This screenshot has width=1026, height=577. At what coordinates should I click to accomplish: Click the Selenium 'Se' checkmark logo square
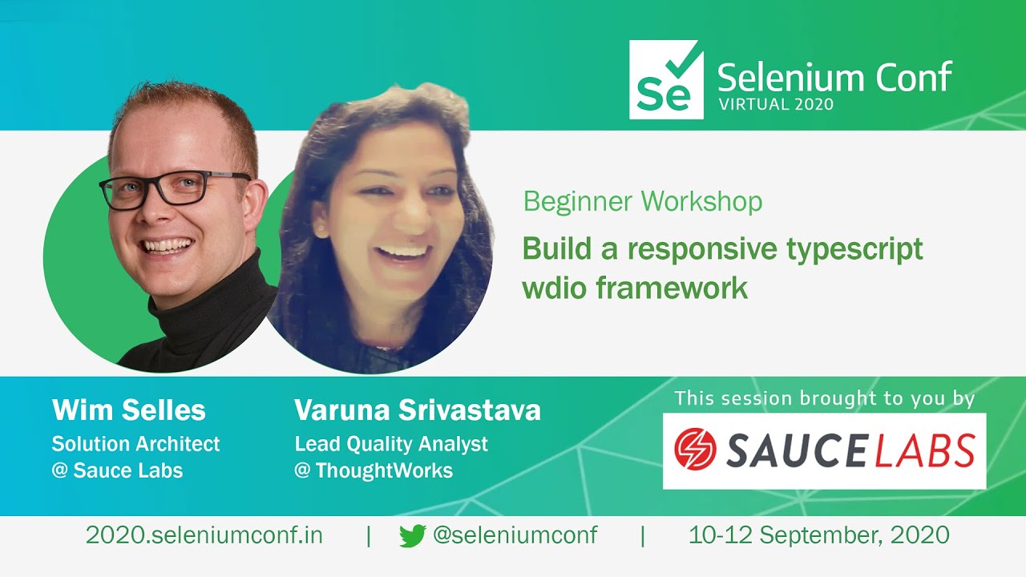pos(666,80)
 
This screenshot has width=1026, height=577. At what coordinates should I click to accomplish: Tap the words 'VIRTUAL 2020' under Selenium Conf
pos(775,104)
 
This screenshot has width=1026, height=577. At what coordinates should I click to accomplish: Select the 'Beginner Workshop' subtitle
pos(642,201)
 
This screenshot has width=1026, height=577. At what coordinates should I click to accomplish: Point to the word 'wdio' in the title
pos(554,287)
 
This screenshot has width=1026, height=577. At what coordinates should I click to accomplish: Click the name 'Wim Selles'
pos(129,410)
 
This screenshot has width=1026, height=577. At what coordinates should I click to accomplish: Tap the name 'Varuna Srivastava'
pos(418,410)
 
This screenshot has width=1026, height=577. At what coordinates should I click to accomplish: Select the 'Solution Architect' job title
pos(135,443)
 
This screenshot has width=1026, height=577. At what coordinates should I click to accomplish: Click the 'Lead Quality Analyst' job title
pos(391,443)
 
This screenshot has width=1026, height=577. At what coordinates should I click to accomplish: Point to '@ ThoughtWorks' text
pos(374,470)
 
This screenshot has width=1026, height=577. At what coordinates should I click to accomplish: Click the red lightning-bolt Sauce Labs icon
pos(696,449)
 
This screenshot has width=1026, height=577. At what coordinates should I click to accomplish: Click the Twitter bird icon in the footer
pos(412,536)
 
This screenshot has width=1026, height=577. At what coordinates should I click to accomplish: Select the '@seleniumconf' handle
pos(515,535)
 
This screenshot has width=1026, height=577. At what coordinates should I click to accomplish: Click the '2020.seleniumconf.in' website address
pos(204,535)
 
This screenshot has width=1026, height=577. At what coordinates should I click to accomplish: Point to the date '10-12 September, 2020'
pos(818,535)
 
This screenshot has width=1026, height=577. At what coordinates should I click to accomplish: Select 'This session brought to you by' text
pos(824,398)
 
